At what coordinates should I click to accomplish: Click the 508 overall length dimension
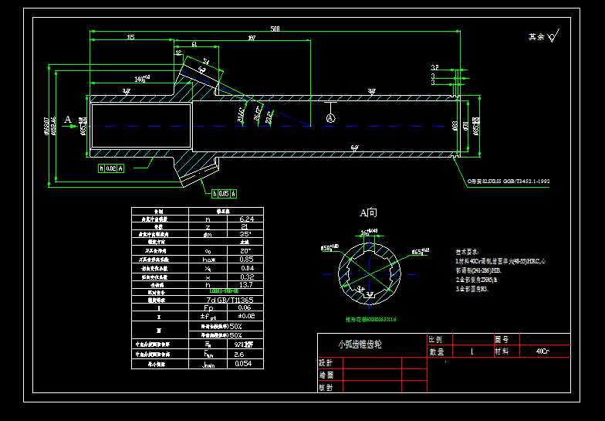(x=275, y=29)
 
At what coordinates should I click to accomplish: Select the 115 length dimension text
(x=130, y=37)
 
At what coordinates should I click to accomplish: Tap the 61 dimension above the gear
(x=194, y=45)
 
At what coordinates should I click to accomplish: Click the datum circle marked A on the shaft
(x=330, y=118)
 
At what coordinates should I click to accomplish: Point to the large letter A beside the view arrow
(x=68, y=120)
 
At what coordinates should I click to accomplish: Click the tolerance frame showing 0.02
(x=111, y=167)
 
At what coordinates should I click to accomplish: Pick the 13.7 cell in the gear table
(x=243, y=284)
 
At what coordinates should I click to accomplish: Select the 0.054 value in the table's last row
(x=243, y=363)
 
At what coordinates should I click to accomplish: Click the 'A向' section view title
(x=368, y=212)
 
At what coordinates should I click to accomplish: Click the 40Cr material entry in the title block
(x=542, y=351)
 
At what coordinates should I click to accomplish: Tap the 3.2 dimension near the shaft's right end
(x=434, y=67)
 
